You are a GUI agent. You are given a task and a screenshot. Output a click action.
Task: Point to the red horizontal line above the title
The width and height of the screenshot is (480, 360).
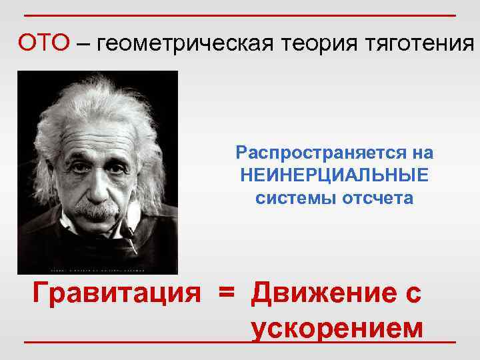tap(240, 15)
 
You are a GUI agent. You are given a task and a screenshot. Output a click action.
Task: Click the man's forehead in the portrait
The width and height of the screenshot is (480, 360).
tap(93, 130)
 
